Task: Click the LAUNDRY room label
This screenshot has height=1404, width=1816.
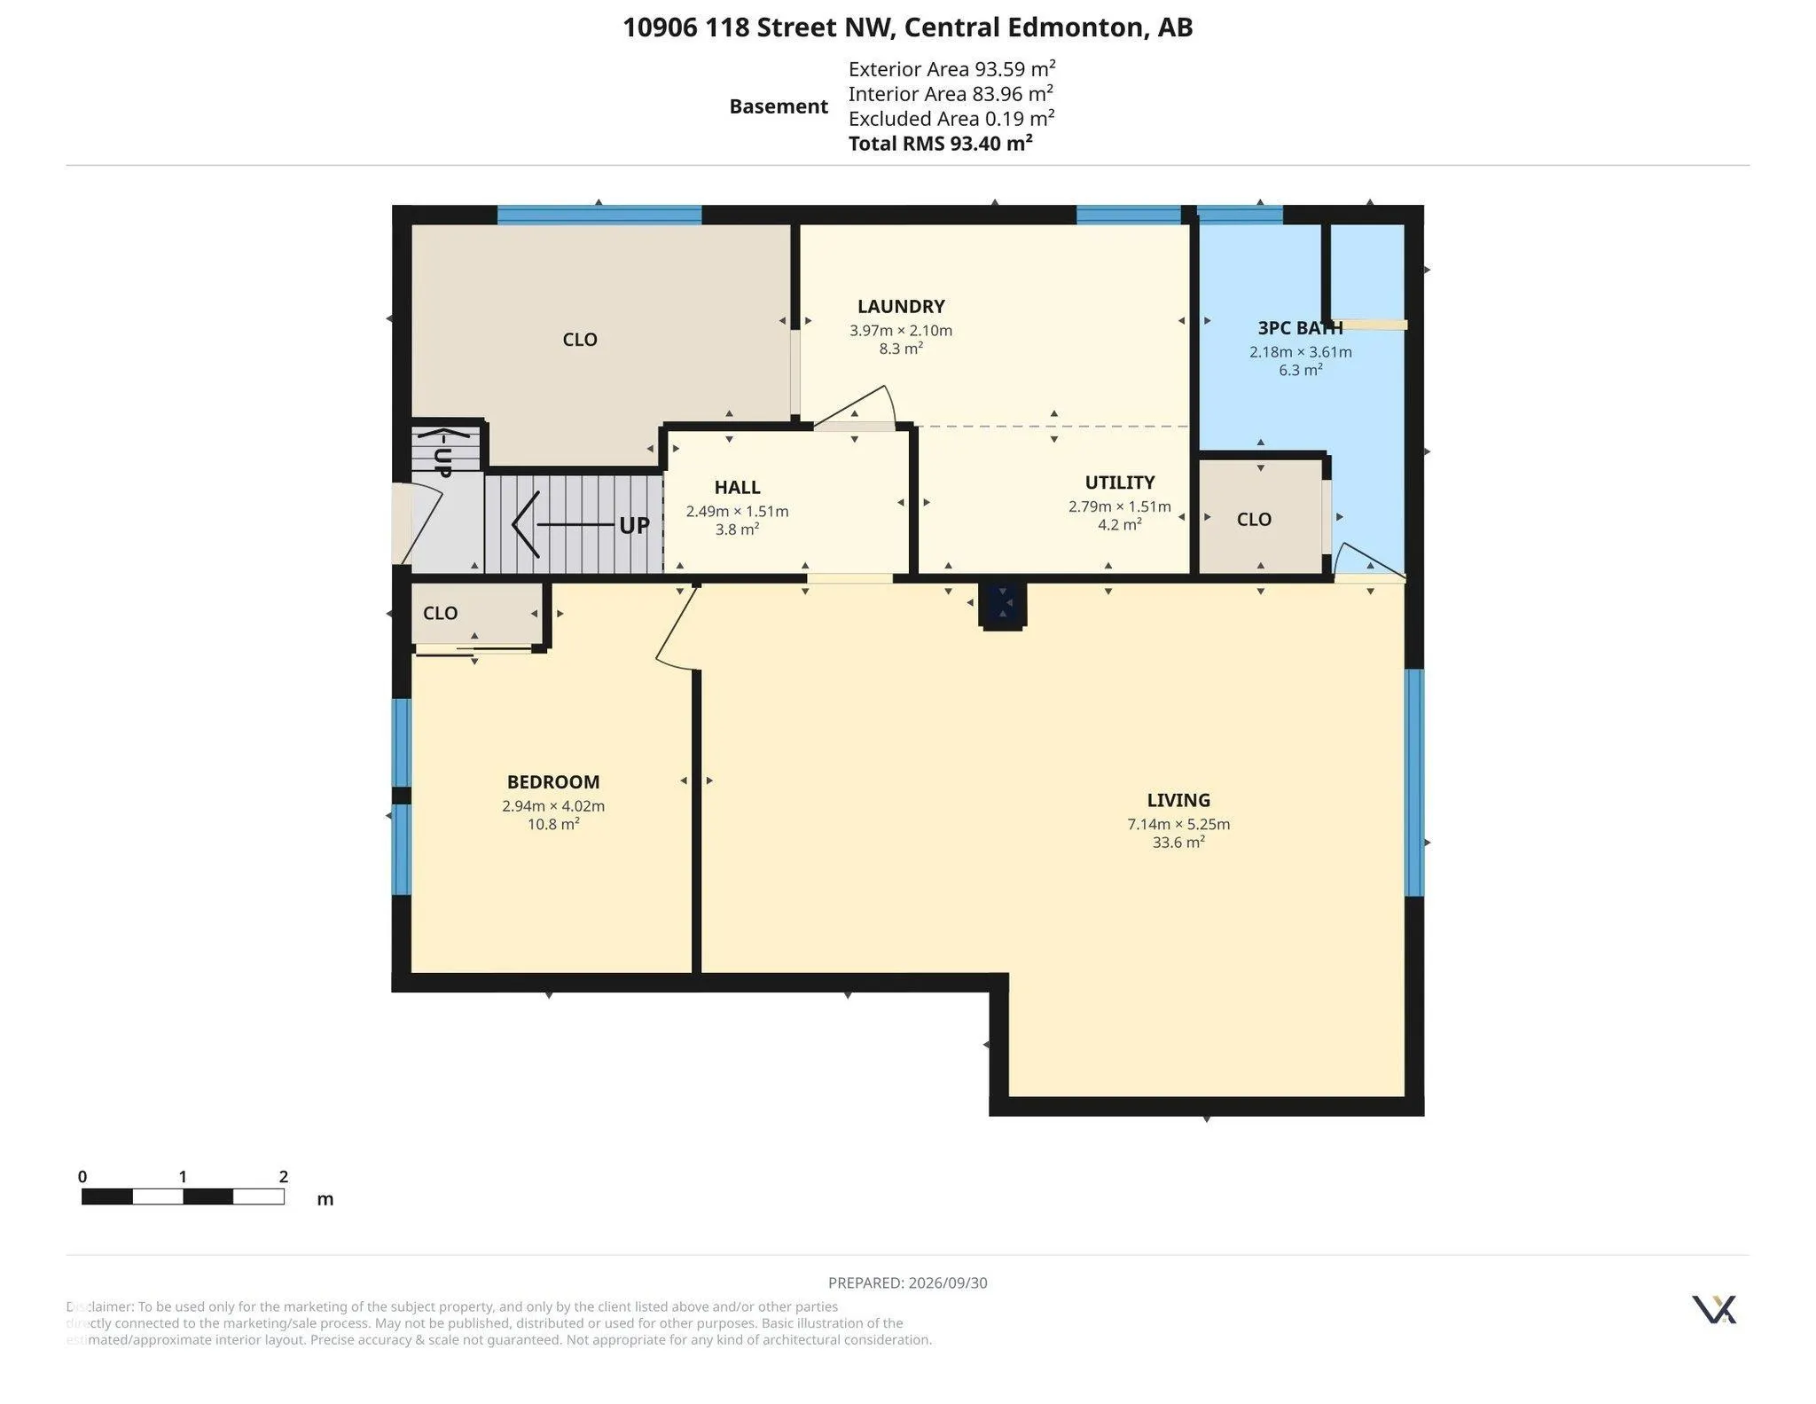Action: tap(901, 307)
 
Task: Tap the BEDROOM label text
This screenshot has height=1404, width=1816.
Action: tap(553, 782)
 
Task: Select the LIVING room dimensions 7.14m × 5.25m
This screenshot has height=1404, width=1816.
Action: tap(1178, 824)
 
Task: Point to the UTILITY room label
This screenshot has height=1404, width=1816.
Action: tap(1120, 482)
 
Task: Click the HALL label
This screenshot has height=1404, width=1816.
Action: tap(737, 487)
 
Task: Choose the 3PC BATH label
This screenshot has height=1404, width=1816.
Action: tap(1300, 328)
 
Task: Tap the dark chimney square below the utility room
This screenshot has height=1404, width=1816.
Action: tap(1003, 604)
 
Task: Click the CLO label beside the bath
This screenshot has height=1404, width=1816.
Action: tap(1254, 520)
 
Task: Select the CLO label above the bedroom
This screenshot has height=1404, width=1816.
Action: tap(440, 613)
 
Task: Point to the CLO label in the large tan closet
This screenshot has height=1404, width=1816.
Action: tap(580, 340)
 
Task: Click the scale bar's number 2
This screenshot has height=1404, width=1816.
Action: tap(284, 1177)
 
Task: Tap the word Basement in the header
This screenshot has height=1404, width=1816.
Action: tap(779, 106)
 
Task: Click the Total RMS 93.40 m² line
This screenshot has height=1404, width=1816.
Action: tap(940, 144)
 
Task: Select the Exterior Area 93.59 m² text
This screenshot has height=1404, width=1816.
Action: tap(951, 69)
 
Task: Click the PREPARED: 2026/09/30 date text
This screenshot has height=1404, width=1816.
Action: tap(907, 1282)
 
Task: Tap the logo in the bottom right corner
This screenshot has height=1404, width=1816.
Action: tap(1714, 1309)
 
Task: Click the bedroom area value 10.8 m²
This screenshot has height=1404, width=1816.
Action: tap(553, 824)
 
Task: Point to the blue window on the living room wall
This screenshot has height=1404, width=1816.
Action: tap(1415, 782)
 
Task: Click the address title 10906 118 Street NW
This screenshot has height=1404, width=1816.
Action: tap(758, 27)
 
